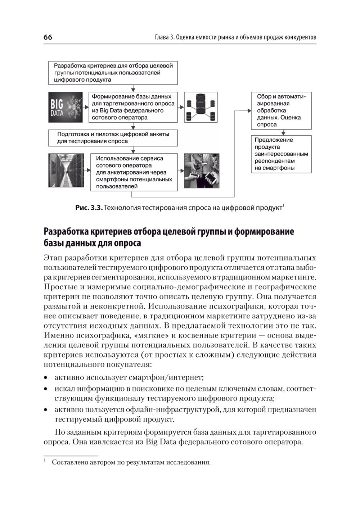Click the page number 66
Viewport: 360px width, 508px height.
tap(48, 37)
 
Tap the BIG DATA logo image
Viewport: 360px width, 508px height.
tap(66, 107)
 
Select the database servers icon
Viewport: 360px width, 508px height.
tap(201, 107)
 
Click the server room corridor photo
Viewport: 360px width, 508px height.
tap(66, 171)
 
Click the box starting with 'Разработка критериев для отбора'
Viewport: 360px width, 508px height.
tap(113, 73)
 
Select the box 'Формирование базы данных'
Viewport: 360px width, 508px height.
tap(133, 107)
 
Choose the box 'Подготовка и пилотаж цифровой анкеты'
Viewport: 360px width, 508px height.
tap(113, 138)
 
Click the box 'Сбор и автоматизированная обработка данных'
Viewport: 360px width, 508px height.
tap(281, 110)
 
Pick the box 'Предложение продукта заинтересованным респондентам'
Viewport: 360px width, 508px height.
tap(281, 154)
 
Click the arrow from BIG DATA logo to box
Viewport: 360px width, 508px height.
tap(86, 107)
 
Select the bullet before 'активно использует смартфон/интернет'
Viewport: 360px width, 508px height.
tap(46, 378)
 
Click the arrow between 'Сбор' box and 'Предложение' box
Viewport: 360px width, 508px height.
tap(281, 132)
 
